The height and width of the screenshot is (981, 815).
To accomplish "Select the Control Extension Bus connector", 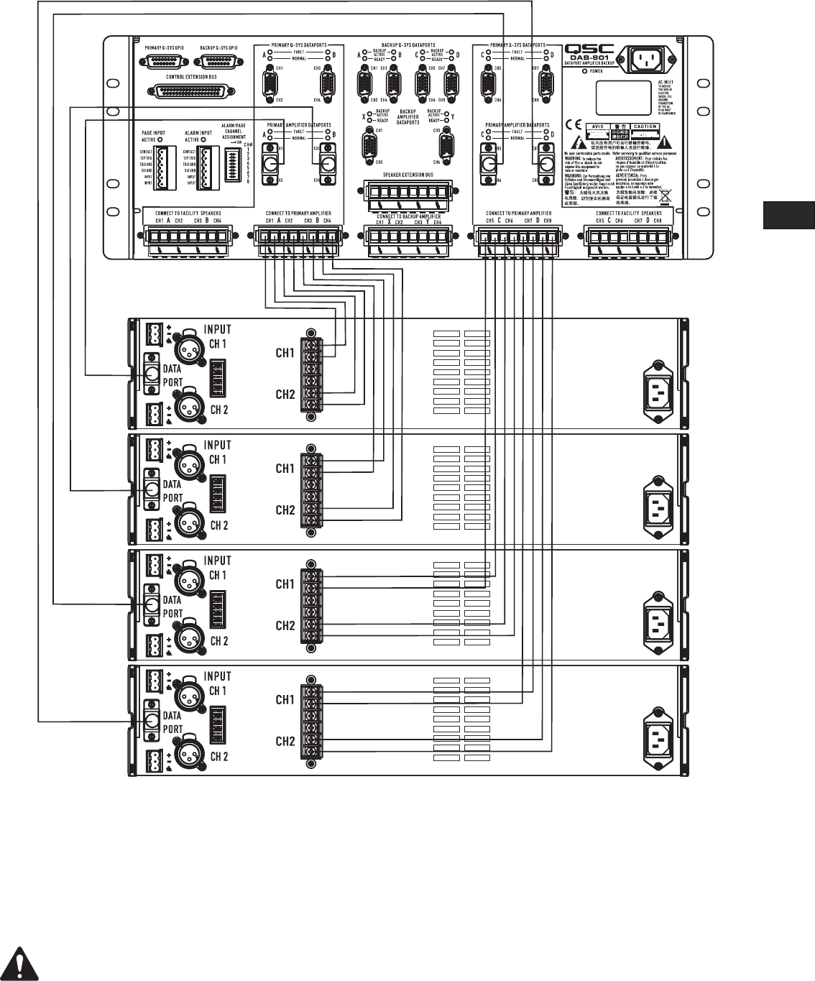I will click(x=193, y=92).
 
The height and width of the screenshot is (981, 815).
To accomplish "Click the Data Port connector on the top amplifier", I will click(x=152, y=374).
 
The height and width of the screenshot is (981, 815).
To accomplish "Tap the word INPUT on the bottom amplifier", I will click(x=217, y=676).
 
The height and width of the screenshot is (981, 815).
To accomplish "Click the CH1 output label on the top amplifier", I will click(x=285, y=353).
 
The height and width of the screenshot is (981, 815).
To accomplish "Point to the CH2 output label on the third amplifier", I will click(x=285, y=626).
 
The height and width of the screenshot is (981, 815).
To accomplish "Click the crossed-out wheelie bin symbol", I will click(x=665, y=193).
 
